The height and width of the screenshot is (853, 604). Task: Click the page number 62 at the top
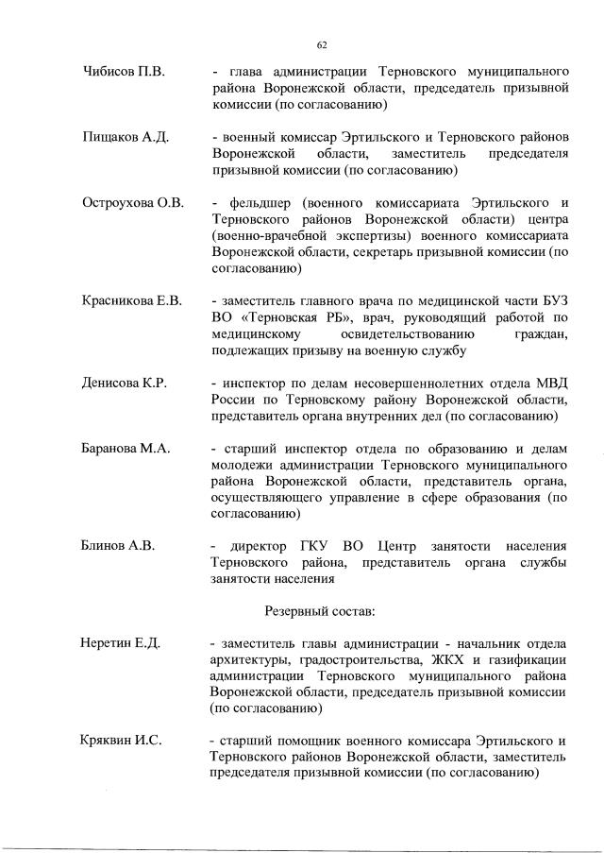click(x=321, y=44)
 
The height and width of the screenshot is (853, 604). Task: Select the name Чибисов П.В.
click(x=122, y=72)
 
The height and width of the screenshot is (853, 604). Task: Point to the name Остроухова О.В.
click(x=132, y=203)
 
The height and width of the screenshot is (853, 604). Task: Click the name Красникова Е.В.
click(x=130, y=301)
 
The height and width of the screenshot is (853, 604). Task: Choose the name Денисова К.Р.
click(x=124, y=383)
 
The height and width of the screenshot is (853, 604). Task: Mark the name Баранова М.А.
click(x=126, y=449)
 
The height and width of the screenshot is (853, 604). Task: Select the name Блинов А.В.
click(x=117, y=545)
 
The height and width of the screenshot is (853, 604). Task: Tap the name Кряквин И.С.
click(x=122, y=740)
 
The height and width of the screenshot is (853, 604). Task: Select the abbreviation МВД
click(x=550, y=383)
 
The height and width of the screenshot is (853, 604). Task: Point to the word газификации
click(x=525, y=659)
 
